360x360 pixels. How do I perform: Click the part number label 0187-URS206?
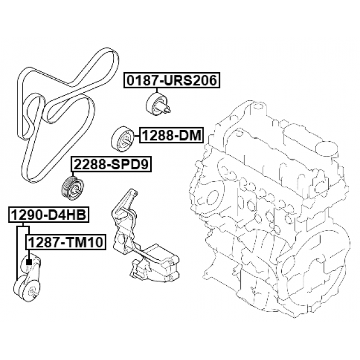click(172, 80)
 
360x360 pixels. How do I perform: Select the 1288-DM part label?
click(172, 136)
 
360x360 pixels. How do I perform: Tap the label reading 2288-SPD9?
click(111, 164)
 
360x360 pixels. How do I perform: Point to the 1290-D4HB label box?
click(49, 215)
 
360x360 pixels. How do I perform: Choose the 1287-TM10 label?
click(66, 242)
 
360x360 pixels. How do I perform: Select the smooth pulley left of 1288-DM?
click(121, 138)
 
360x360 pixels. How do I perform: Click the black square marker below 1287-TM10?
click(29, 262)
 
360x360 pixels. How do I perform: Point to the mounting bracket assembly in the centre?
click(144, 236)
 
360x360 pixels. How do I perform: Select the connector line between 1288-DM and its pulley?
click(136, 136)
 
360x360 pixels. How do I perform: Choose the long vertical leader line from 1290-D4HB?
click(17, 253)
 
